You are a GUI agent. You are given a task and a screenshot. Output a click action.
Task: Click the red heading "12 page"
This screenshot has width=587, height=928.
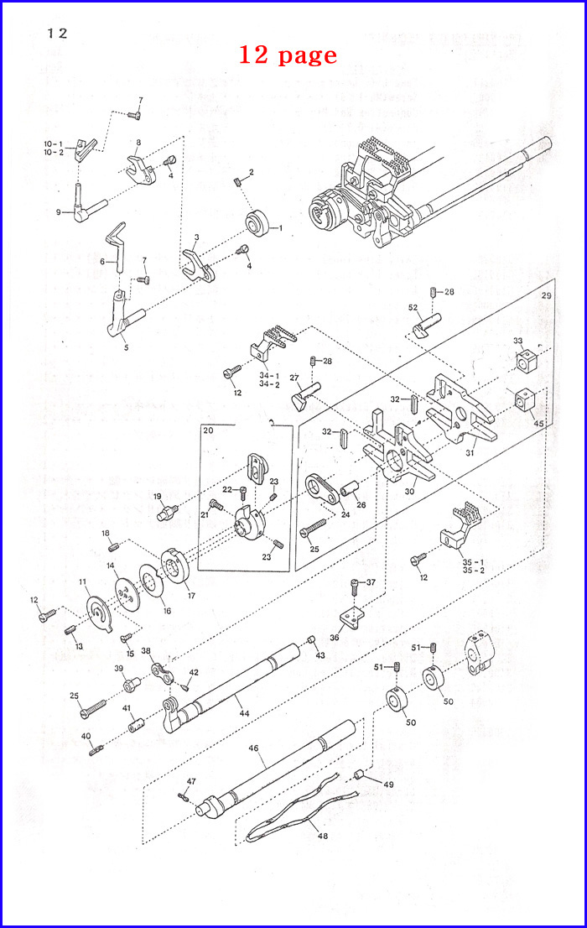click(288, 55)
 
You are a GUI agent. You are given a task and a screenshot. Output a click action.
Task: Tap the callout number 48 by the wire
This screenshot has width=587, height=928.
click(322, 837)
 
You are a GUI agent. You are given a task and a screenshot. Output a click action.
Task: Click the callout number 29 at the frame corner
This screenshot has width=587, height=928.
click(547, 297)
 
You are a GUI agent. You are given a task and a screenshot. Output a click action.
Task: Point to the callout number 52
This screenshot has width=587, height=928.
click(413, 307)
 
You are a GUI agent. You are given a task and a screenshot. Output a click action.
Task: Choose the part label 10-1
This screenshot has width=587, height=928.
click(53, 143)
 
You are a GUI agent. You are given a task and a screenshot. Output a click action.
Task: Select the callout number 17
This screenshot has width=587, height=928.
click(191, 597)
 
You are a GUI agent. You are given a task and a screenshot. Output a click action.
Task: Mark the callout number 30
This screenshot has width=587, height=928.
click(409, 492)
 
